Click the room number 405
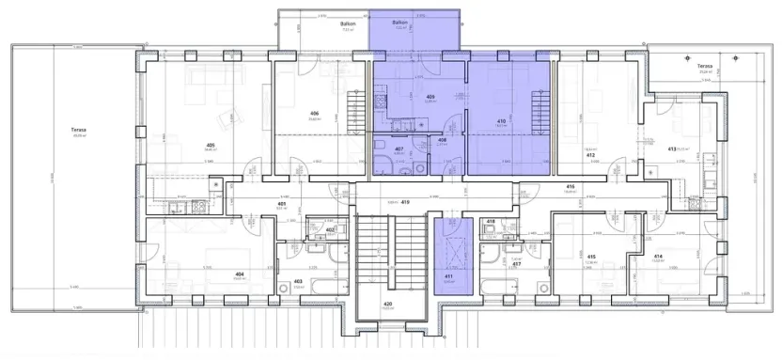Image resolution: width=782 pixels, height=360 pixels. click(211, 144)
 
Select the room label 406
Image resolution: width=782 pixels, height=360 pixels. click(314, 114)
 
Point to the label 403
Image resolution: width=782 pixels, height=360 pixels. click(298, 281)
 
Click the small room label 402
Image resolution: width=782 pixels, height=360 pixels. click(330, 228)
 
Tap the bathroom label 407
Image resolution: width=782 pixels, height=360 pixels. click(399, 149)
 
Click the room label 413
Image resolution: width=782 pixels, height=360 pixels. click(672, 149)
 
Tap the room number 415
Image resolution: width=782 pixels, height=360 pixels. click(591, 257)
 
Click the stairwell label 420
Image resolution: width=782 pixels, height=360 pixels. click(388, 304)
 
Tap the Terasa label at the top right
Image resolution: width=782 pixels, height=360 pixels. click(703, 66)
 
